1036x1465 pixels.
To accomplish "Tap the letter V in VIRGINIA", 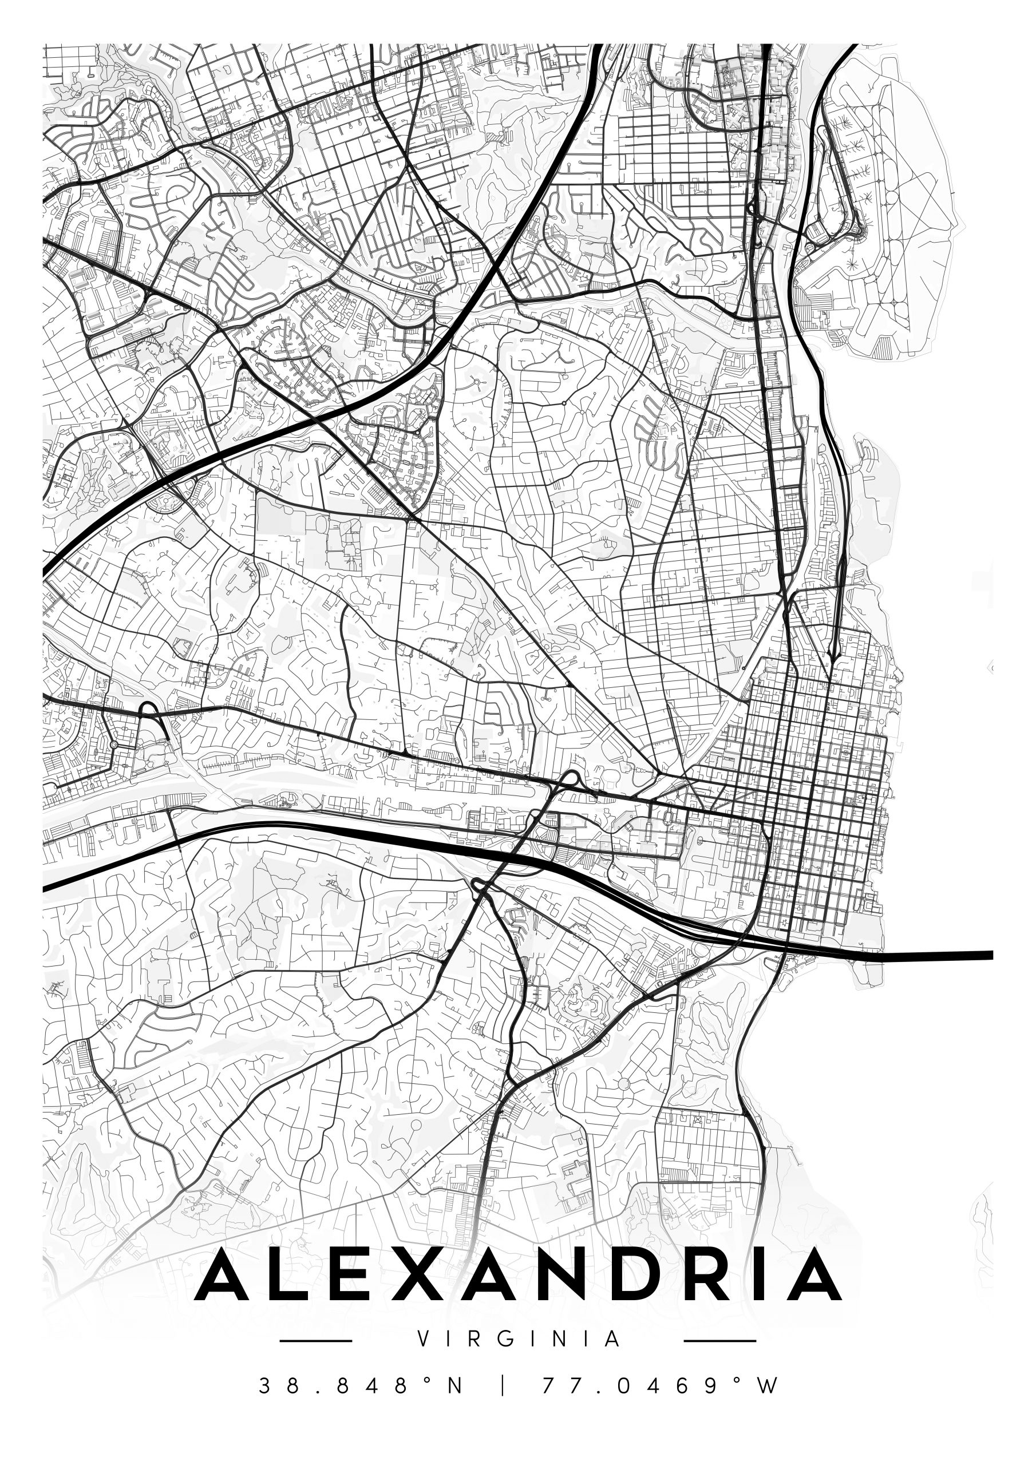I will (422, 1339).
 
